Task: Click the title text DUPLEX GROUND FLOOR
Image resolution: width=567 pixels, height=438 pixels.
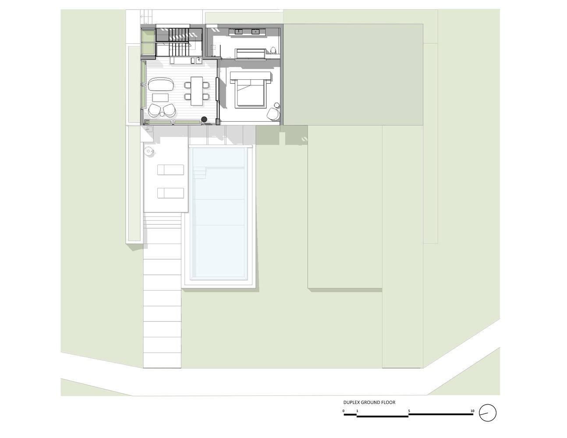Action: tap(369, 402)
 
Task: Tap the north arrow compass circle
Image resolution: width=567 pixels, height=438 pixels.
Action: tap(488, 413)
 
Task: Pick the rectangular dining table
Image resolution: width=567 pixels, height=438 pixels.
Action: tap(197, 91)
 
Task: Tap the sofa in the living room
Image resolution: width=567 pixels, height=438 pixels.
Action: tap(161, 85)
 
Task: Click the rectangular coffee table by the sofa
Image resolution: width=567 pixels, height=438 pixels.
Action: tap(160, 98)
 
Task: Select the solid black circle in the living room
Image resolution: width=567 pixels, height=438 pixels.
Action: tap(204, 120)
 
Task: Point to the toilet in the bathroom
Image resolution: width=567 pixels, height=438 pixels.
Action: tap(273, 50)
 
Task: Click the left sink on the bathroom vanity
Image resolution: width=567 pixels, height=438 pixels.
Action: tap(238, 32)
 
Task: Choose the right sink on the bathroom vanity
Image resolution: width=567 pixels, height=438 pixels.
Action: tap(255, 32)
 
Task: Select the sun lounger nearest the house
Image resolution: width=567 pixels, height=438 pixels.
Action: tap(170, 170)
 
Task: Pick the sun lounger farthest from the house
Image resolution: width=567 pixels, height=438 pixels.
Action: tap(170, 193)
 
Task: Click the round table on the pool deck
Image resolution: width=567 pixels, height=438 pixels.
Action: tap(149, 151)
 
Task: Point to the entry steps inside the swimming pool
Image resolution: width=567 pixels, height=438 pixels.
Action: tap(200, 173)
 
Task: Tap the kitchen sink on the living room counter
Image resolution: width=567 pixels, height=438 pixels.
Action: tap(198, 60)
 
